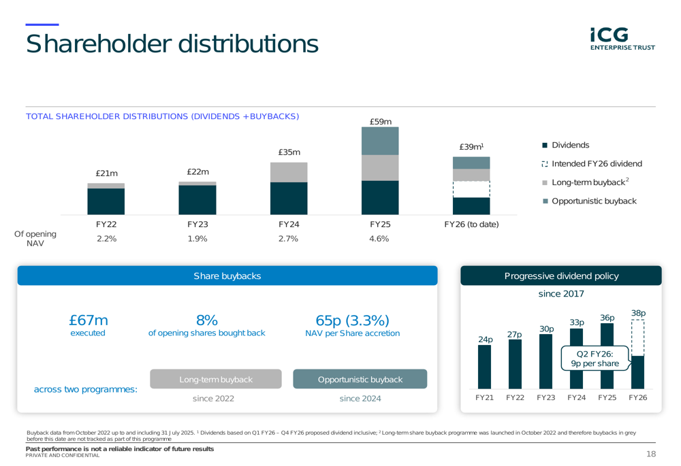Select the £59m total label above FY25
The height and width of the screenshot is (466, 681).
(x=380, y=121)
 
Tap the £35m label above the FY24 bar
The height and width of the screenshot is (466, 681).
(x=289, y=152)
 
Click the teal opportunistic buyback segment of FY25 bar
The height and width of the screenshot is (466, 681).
(x=380, y=141)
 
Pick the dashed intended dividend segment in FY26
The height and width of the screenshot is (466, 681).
(x=471, y=189)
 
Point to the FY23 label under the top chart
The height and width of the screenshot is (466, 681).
(x=197, y=224)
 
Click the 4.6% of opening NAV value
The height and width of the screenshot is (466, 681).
(x=380, y=238)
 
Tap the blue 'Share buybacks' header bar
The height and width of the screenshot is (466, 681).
(x=227, y=276)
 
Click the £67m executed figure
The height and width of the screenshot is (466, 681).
(x=89, y=321)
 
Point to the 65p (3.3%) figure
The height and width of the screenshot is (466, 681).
(x=352, y=321)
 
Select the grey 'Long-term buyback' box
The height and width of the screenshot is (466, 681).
(x=215, y=379)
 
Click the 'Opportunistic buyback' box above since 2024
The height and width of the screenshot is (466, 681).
(x=360, y=379)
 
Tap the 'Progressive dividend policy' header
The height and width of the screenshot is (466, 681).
(x=561, y=276)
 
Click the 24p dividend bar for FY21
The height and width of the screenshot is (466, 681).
(x=484, y=367)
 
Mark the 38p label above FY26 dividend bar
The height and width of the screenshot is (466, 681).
(x=638, y=313)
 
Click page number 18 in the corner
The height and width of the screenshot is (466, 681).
(x=650, y=454)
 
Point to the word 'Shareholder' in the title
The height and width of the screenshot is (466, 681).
(x=97, y=44)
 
